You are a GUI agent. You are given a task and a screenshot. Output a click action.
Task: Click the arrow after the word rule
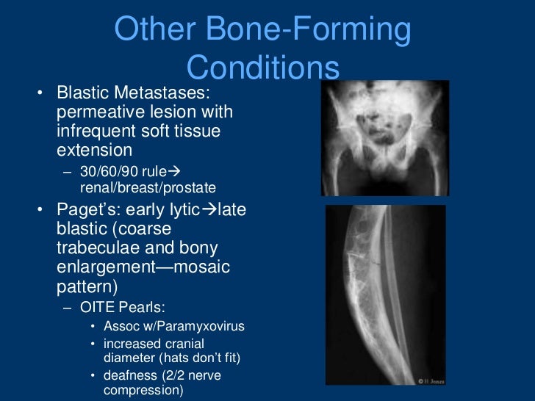coord(173,171)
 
